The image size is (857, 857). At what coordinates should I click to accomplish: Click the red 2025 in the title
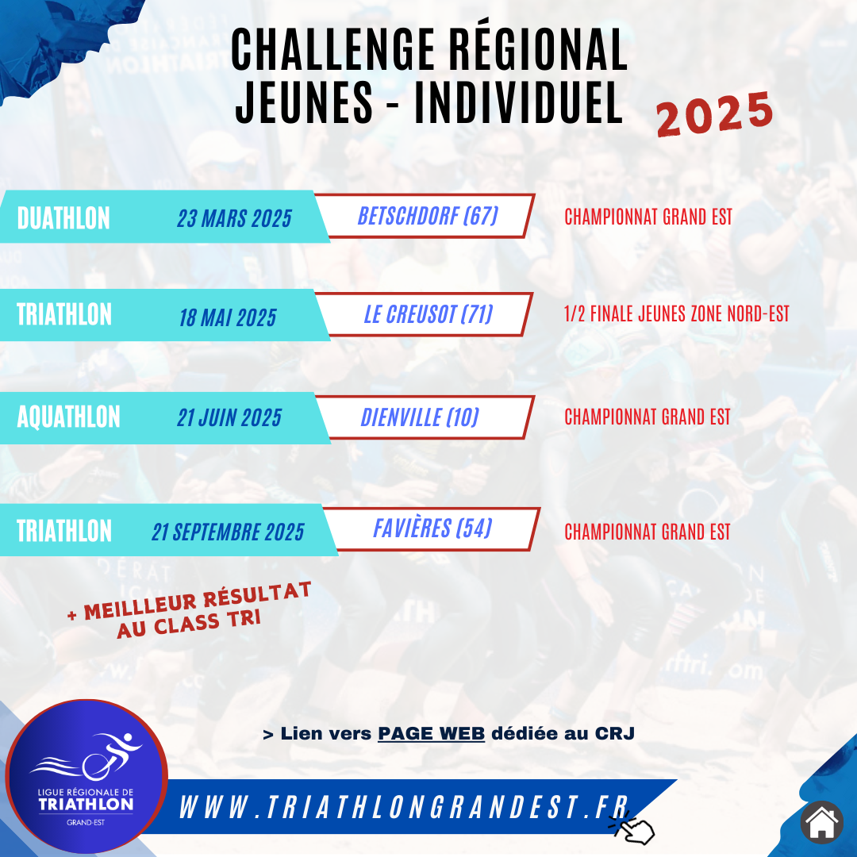click(714, 113)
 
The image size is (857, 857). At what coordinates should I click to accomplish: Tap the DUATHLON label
click(63, 218)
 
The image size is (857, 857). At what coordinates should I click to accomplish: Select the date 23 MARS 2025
click(234, 218)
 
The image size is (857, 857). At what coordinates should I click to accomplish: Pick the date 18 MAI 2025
click(228, 317)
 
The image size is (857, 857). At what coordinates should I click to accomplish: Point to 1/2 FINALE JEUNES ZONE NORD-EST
click(677, 313)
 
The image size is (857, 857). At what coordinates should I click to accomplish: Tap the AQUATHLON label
click(68, 417)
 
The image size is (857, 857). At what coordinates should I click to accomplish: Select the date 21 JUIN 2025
click(229, 418)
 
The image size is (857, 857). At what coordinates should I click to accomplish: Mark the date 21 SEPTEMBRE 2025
click(228, 532)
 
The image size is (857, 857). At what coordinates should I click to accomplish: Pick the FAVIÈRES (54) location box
click(432, 528)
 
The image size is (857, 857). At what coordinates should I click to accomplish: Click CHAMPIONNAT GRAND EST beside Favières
click(648, 531)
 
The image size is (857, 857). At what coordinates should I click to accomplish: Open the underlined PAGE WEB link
click(431, 733)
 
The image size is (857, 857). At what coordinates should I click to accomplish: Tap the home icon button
click(821, 822)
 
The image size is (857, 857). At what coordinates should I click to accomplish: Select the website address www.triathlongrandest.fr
click(403, 807)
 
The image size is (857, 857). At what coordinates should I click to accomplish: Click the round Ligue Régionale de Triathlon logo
click(86, 776)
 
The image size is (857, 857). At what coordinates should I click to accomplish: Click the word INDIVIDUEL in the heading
click(518, 102)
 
